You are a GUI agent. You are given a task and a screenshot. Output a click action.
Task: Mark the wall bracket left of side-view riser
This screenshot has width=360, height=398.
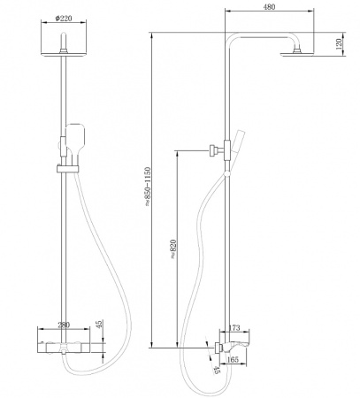(211, 150)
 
